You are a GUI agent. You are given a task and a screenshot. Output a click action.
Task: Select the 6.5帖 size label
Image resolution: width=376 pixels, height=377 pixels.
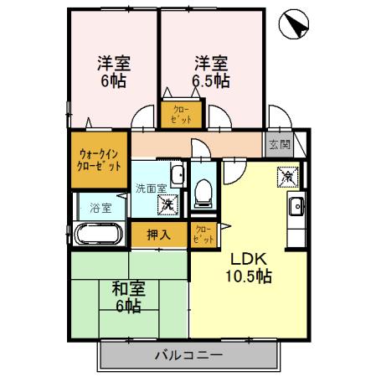pos(213,81)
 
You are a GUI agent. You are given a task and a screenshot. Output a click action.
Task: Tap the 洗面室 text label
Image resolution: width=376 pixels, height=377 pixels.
pos(152,188)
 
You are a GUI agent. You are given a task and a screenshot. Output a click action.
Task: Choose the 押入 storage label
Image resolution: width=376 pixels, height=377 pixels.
pos(158,235)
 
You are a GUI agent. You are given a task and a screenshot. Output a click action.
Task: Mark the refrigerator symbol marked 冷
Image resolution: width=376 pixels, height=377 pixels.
pos(287,176)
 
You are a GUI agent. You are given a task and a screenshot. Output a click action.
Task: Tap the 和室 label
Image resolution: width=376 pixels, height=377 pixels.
pos(127,289)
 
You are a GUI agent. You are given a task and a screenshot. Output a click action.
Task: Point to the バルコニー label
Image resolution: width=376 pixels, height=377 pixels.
pos(188,355)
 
